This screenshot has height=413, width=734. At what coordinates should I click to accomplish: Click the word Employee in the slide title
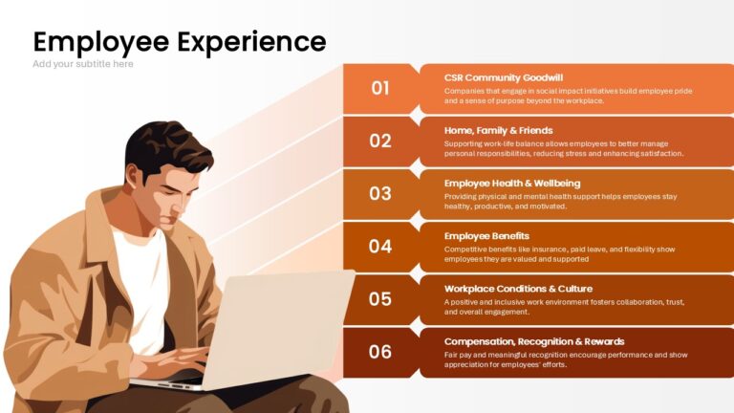(101, 43)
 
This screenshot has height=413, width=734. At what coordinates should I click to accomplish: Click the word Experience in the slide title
(251, 43)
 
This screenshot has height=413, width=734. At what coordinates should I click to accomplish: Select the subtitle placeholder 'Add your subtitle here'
(83, 64)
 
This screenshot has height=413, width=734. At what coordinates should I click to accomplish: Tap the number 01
(380, 88)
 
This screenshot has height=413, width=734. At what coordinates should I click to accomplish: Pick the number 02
(380, 141)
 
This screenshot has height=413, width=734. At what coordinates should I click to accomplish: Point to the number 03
(380, 193)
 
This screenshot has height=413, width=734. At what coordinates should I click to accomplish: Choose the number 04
(380, 247)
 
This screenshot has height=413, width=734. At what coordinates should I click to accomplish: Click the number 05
(380, 299)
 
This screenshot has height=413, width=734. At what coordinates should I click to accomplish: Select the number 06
(380, 352)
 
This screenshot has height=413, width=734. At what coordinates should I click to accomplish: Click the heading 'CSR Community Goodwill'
(504, 77)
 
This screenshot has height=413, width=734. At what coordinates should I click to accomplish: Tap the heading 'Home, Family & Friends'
(499, 131)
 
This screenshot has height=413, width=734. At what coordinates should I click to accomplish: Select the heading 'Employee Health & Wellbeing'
(512, 184)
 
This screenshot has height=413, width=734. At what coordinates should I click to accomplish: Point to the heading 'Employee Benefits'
(486, 236)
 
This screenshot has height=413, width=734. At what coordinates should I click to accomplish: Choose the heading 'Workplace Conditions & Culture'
(518, 289)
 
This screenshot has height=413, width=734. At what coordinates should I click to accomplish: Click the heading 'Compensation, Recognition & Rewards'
(534, 342)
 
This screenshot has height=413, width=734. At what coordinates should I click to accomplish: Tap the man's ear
(135, 177)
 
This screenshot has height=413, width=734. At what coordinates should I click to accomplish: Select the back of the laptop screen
(276, 328)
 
